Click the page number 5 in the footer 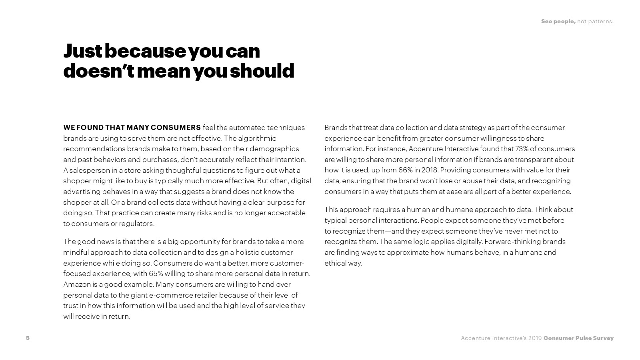28,338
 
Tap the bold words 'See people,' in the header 558,21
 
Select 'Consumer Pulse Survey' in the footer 578,338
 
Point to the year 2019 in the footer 535,338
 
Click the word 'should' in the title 262,70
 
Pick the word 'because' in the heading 145,51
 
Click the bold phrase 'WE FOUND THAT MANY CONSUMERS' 132,128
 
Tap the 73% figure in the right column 522,149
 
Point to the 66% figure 405,170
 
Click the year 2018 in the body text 429,170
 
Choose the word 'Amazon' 77,284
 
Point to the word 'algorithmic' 257,138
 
